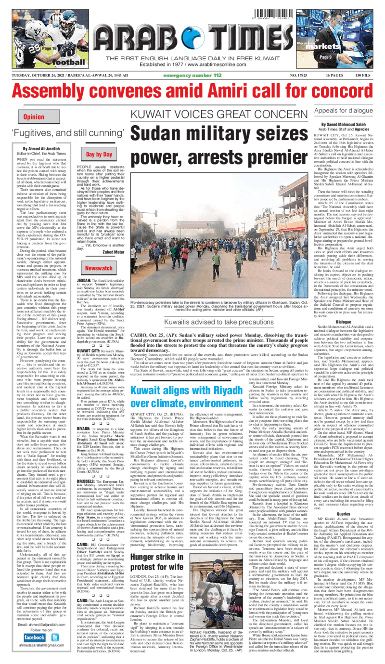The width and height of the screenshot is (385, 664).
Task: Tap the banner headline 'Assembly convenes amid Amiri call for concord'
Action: (192, 94)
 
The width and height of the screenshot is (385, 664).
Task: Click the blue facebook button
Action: (34, 637)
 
